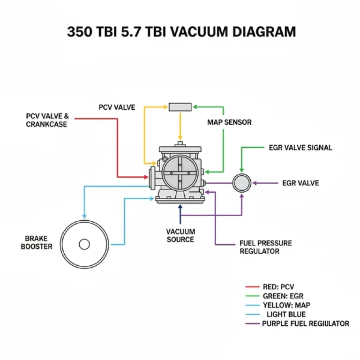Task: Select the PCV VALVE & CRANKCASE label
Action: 46,120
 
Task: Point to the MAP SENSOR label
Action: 229,122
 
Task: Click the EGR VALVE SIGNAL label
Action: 300,148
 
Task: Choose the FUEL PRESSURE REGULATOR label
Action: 265,247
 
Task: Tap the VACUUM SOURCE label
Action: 180,235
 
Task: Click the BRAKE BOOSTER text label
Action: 37,243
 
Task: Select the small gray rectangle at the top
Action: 180,107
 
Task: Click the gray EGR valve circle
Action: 242,183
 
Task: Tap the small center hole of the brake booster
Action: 84,244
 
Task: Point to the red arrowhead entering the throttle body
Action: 145,177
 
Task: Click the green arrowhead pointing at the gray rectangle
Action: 195,107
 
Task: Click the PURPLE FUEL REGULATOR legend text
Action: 305,323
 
